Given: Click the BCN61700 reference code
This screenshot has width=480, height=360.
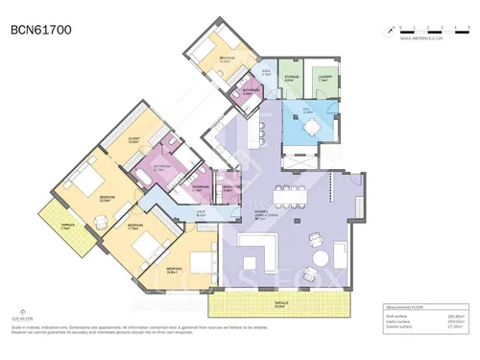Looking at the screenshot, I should [40, 30].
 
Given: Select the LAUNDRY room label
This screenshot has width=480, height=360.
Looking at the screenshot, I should [324, 80].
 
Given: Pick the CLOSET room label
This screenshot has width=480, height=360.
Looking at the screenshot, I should [134, 140].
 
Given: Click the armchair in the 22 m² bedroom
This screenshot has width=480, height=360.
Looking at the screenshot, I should [102, 224].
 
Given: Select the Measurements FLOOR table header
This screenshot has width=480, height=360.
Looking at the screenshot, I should [402, 307].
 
